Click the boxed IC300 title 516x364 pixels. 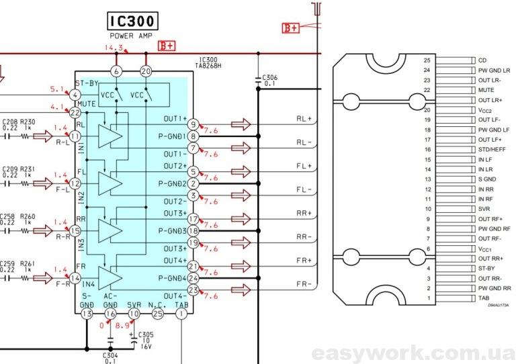131,22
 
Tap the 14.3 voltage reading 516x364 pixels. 114,48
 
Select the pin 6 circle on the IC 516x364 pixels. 117,71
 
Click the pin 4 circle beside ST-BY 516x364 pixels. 75,95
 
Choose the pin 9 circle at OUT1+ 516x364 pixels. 193,124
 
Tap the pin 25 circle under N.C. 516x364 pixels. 157,314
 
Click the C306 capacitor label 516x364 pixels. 270,78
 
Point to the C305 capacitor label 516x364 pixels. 146,334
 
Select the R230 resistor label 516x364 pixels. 28,122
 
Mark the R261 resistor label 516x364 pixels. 28,263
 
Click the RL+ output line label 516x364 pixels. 304,118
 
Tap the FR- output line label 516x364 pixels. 304,284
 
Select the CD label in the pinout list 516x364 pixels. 482,60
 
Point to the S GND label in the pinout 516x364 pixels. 488,179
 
